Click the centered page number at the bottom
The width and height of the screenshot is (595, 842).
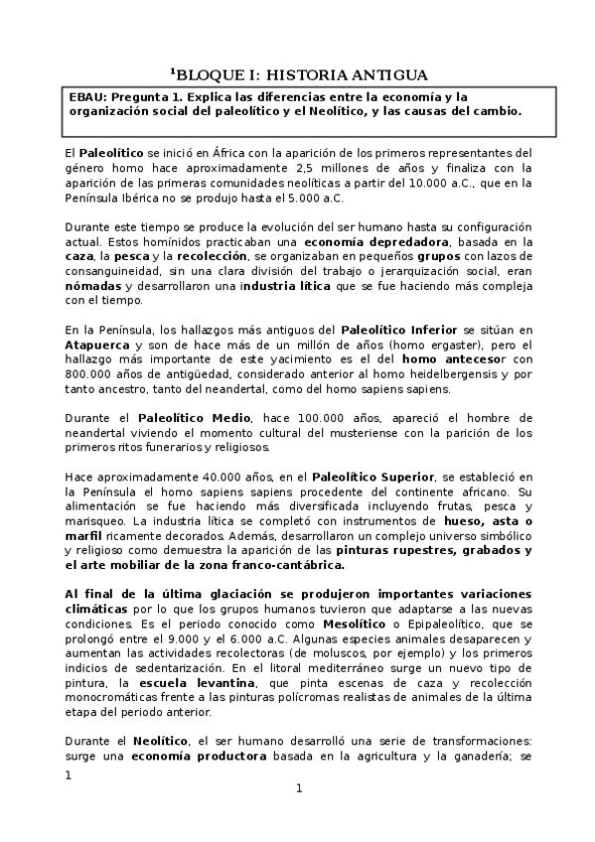[x=298, y=788]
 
